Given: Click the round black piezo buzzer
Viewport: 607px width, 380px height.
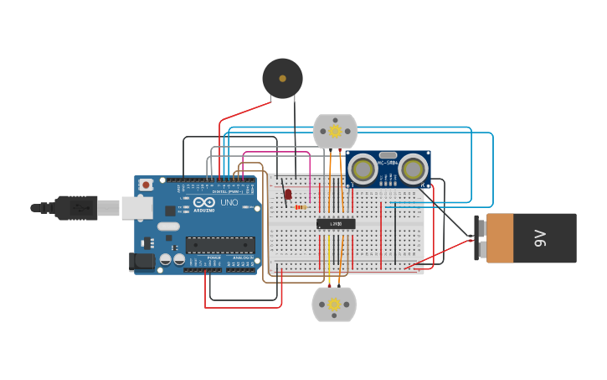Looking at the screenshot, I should (282, 78).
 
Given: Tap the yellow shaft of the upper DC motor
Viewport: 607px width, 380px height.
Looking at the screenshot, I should (335, 131).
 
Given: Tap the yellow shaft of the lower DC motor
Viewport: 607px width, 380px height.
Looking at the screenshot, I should (334, 303).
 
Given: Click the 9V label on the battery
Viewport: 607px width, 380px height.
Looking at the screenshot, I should (541, 238).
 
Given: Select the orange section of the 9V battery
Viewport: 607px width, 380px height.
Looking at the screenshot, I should (500, 238).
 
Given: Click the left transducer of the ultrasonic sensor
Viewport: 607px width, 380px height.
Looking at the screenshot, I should (363, 169).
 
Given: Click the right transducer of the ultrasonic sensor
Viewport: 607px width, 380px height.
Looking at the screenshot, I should (412, 169).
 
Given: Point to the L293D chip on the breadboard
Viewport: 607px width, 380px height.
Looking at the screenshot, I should (336, 224).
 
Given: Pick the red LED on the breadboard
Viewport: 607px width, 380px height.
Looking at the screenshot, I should (288, 195).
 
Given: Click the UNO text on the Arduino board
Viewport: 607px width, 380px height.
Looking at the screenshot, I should (229, 202).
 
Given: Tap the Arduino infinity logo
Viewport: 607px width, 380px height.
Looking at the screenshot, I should (203, 202).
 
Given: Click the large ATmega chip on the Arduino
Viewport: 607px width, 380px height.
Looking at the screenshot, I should (219, 245).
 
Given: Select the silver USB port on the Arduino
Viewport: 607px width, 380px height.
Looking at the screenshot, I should (136, 207).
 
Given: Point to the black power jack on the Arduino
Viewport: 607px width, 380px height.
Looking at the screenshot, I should (143, 262).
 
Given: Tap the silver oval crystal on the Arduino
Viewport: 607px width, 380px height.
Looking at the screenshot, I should (168, 226).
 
